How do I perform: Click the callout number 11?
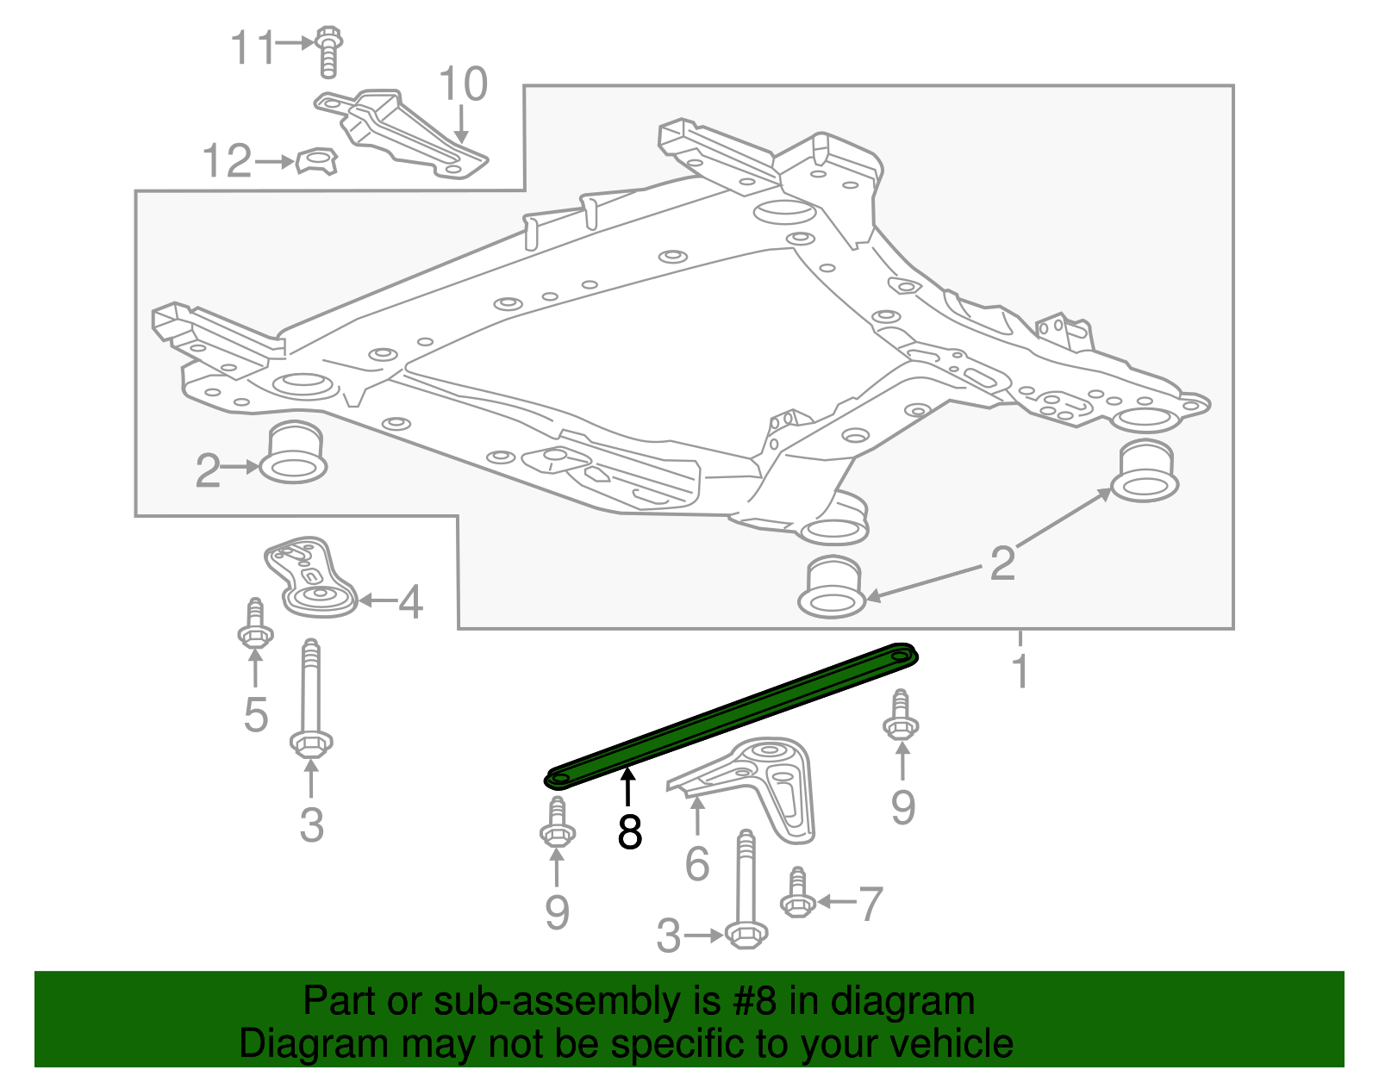[253, 47]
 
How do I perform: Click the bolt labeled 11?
[328, 52]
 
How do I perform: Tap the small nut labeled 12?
[316, 161]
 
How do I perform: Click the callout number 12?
[226, 161]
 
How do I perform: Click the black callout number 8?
[630, 832]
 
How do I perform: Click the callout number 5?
[255, 714]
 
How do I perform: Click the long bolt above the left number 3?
[311, 698]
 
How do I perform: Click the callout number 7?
[871, 904]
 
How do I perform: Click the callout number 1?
[1020, 671]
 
